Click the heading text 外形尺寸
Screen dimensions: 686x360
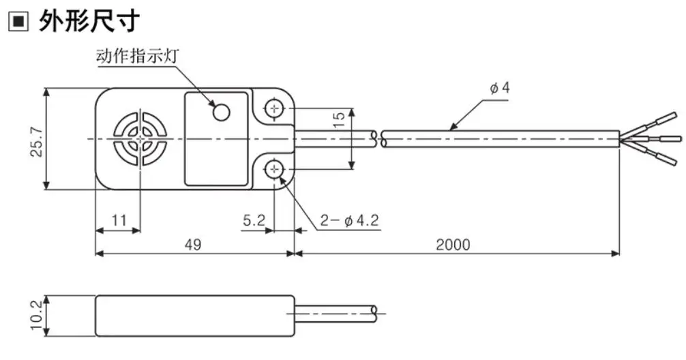tap(89, 20)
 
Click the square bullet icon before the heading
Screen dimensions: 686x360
tap(18, 21)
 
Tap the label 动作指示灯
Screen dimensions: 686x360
tap(137, 57)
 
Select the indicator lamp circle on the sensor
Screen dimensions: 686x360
tap(222, 112)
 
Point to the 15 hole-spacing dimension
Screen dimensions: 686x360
tap(339, 119)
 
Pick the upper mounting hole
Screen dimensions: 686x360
tap(274, 108)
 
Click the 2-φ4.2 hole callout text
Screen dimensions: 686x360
tap(349, 220)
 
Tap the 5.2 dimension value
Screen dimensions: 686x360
tap(254, 220)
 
